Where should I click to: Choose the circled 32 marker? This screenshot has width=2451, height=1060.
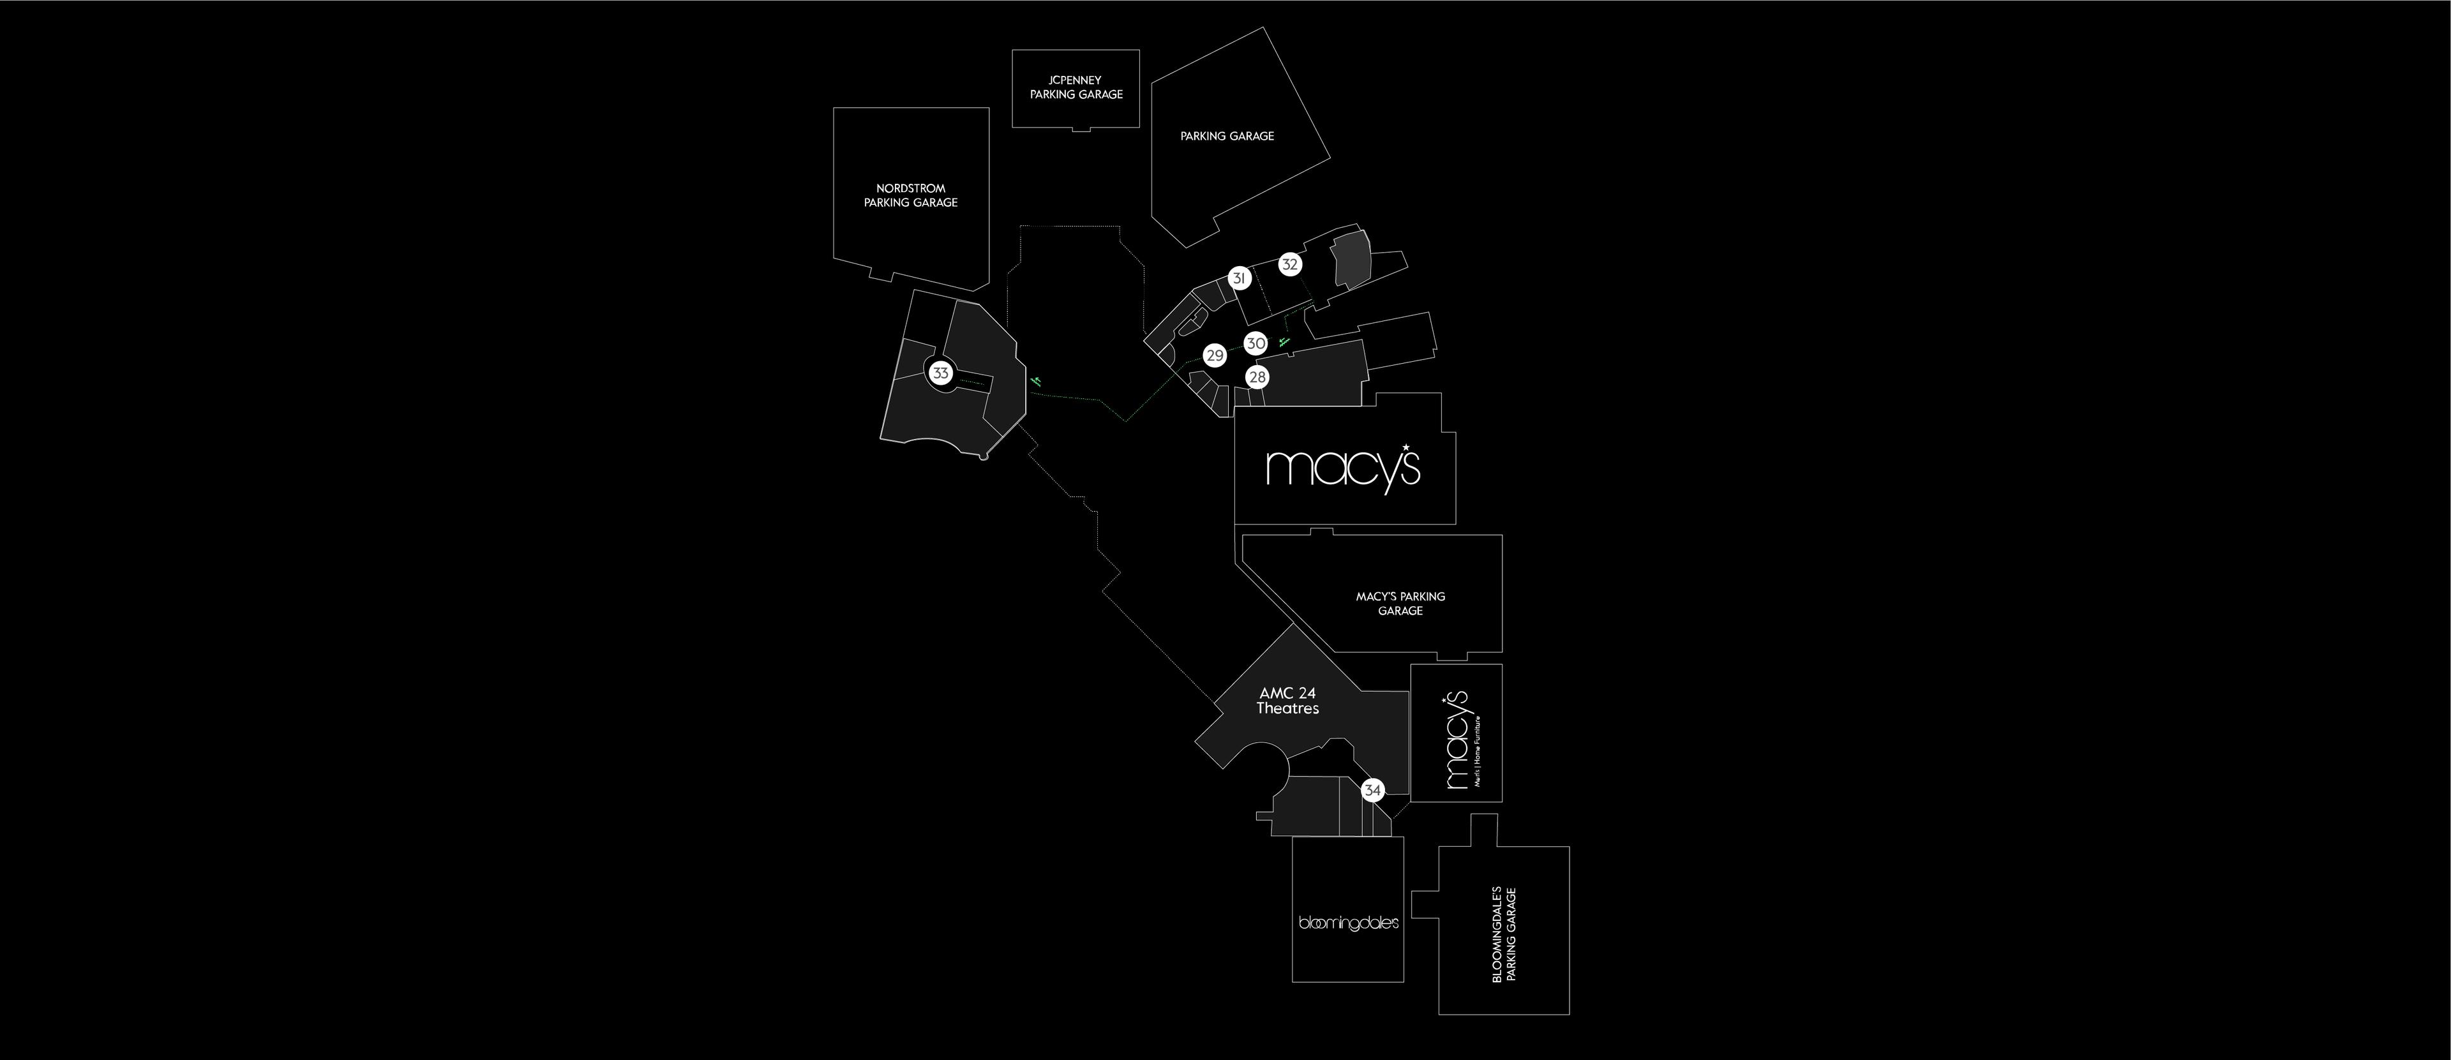1289,265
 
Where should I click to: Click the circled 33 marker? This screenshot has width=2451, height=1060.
941,373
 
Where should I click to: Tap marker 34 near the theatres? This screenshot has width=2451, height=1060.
1372,791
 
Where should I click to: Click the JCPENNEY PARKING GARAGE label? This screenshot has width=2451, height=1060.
1076,87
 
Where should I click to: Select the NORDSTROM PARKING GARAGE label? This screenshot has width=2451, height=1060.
911,196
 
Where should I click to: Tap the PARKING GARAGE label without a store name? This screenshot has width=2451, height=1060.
1226,136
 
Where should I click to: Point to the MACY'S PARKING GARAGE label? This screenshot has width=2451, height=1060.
1400,603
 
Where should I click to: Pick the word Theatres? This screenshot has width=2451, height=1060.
1287,709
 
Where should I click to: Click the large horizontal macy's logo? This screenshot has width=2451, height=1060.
1342,467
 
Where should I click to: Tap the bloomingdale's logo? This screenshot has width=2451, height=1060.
1348,923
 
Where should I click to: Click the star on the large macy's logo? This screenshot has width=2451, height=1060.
1405,447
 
